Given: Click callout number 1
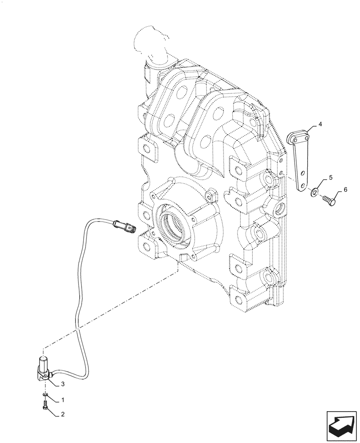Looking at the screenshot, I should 63,400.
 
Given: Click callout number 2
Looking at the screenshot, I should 63,415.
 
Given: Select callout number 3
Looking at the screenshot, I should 63,384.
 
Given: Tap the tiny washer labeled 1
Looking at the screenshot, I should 46,393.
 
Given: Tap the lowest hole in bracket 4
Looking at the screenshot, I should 303,186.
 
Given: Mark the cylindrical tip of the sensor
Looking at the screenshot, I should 43,361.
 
